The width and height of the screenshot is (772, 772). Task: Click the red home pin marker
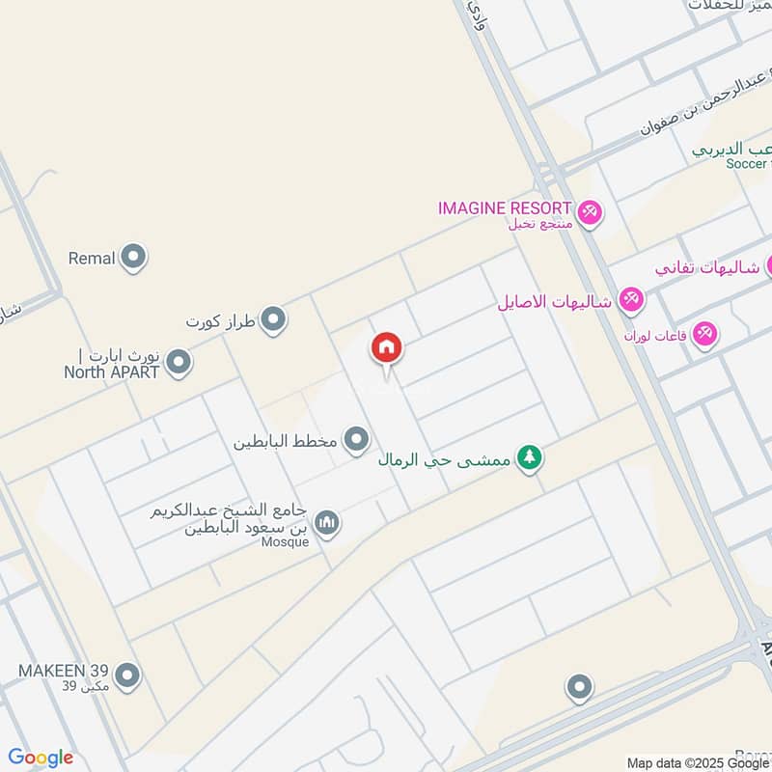click(x=387, y=348)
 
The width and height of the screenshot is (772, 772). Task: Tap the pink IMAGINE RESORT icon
click(x=589, y=210)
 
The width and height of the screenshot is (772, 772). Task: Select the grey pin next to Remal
click(x=134, y=258)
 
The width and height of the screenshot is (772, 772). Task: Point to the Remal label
click(x=92, y=258)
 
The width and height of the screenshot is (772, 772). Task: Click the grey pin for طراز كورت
click(x=274, y=318)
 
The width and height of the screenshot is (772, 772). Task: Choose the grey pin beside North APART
click(x=179, y=363)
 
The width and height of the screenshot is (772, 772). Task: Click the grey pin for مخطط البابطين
click(x=357, y=440)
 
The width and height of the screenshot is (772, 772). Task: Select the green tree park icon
click(x=527, y=459)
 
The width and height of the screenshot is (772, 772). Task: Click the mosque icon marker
click(x=327, y=522)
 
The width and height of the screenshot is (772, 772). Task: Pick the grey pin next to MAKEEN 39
click(x=126, y=674)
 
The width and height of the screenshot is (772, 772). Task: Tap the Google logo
click(x=41, y=758)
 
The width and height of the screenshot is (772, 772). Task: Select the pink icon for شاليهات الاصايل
click(x=631, y=300)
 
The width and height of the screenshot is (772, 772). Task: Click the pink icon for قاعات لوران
click(x=705, y=333)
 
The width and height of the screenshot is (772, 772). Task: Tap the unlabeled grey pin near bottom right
click(x=579, y=686)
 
